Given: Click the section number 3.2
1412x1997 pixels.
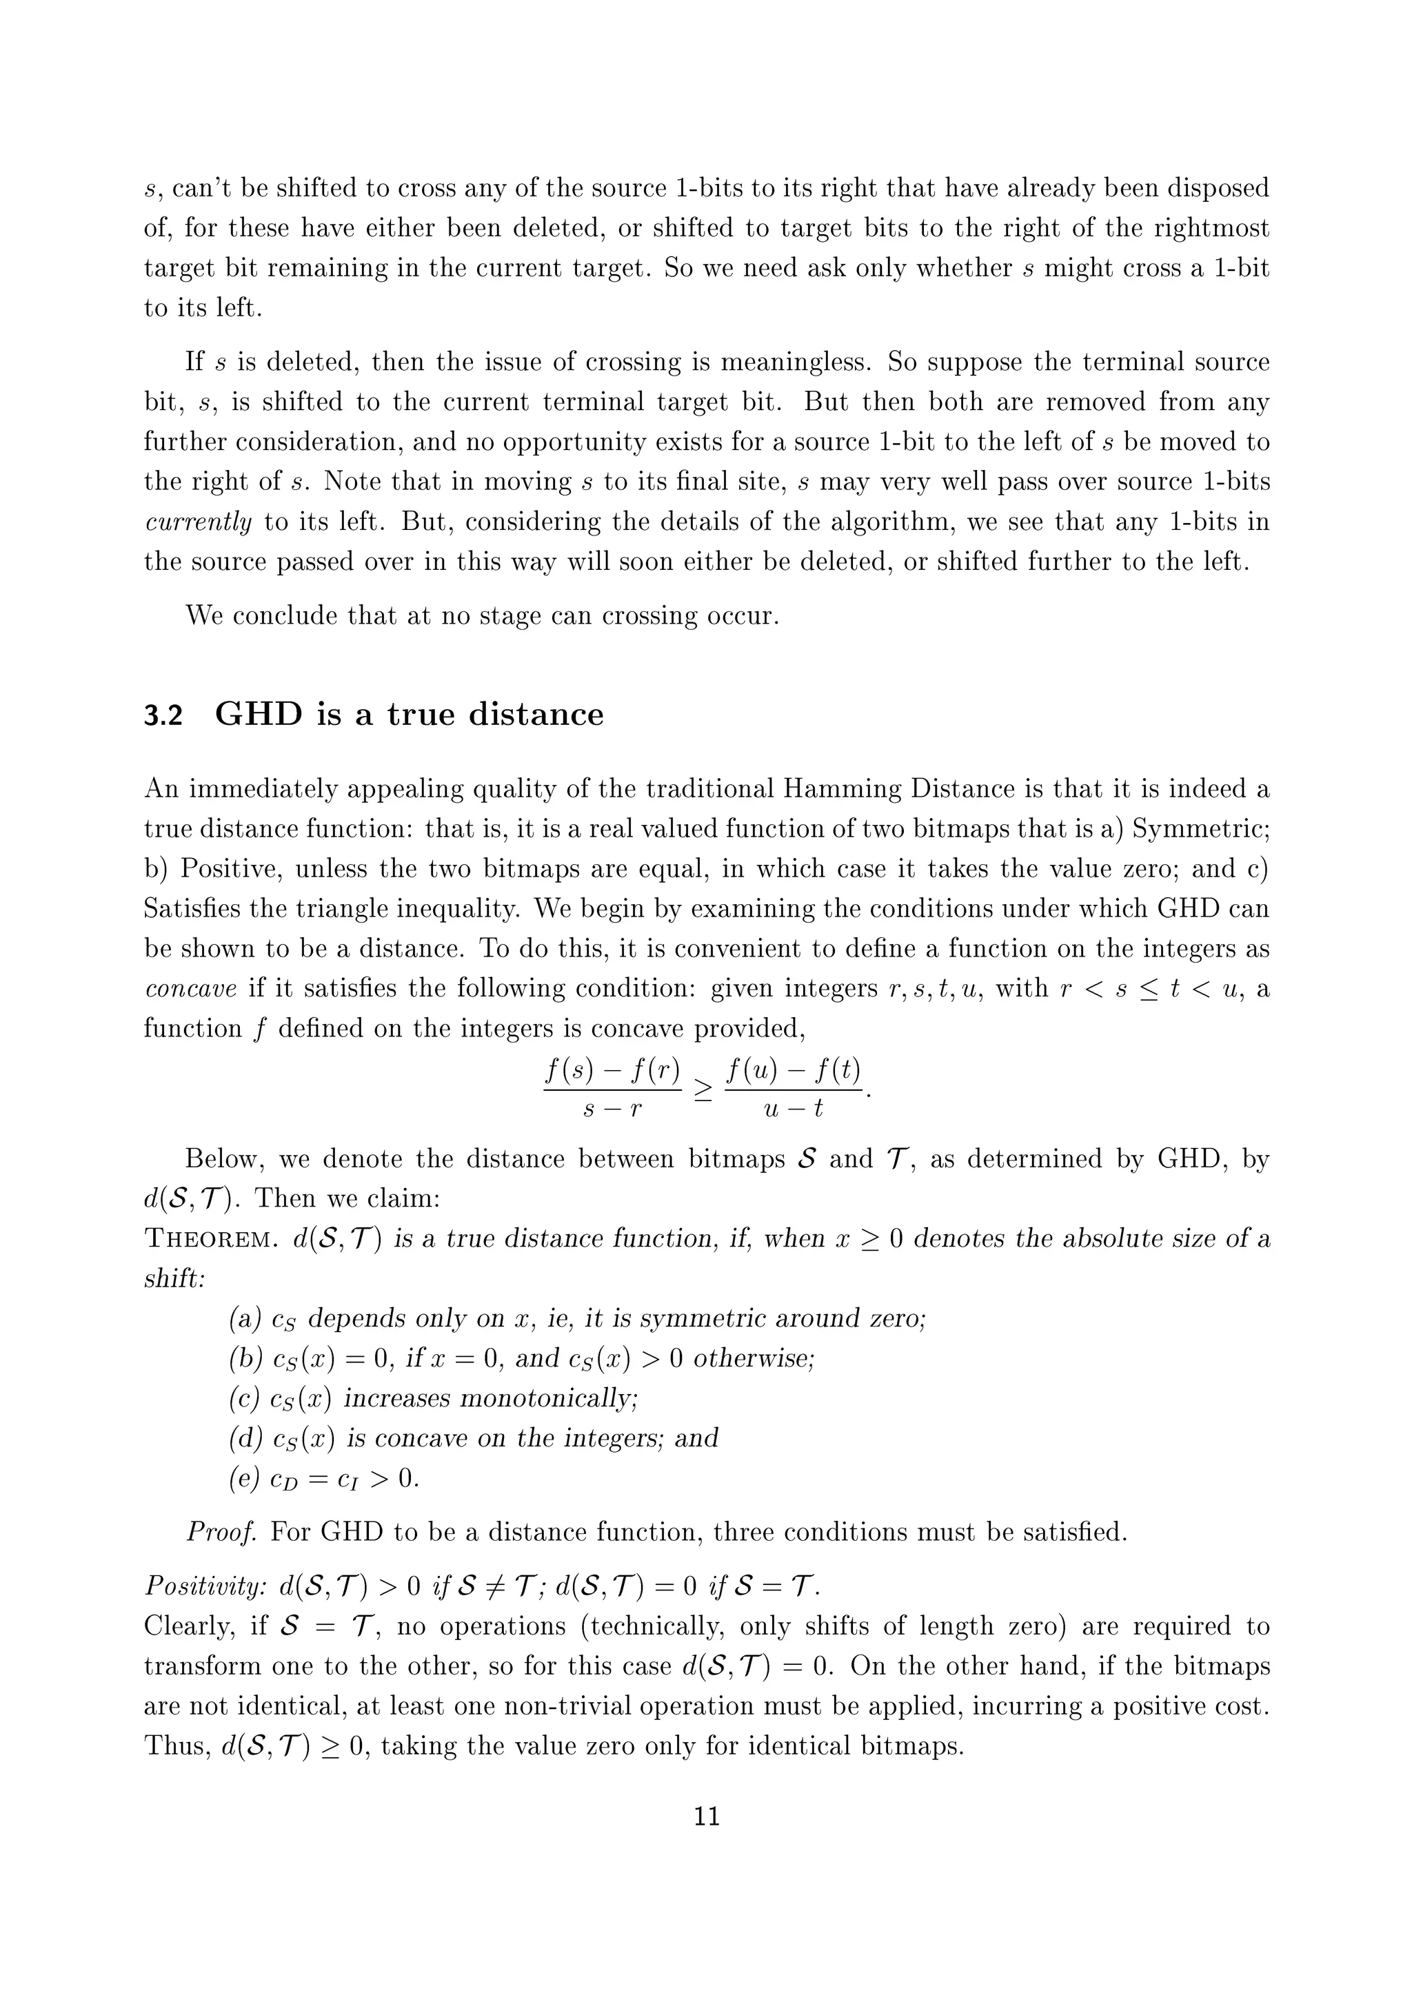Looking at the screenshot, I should [163, 715].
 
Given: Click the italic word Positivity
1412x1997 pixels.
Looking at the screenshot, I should [205, 1586].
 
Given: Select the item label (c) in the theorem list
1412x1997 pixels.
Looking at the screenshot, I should [243, 1399].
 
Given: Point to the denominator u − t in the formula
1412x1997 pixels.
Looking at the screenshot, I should [793, 1109].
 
